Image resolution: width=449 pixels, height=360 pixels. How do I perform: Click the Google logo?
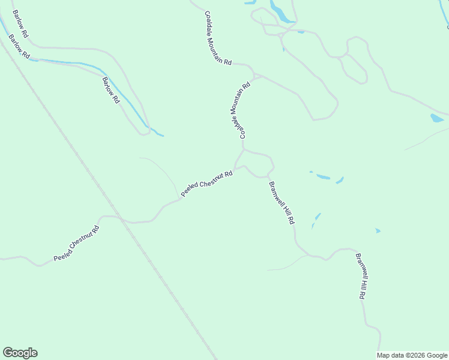20,353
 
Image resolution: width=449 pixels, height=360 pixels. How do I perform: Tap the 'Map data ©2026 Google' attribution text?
412,355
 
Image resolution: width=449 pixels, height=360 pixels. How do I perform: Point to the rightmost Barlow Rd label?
110,90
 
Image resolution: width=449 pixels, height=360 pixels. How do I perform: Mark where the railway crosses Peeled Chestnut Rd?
122,220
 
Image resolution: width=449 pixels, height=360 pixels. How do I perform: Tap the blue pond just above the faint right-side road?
436,118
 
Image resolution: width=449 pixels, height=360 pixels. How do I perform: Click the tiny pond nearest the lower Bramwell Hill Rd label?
378,230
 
